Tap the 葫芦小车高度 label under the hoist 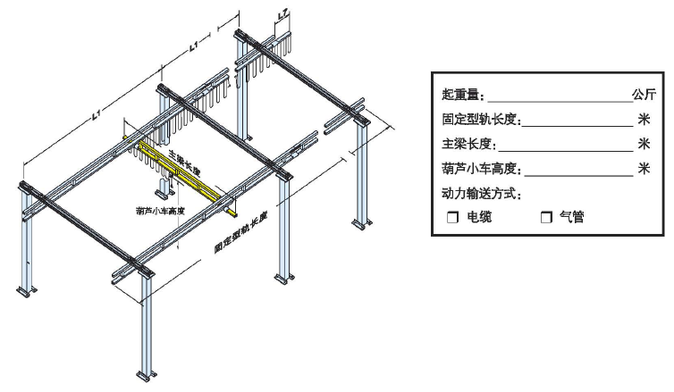point(160,212)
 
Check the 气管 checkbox point(546,217)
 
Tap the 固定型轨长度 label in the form point(481,119)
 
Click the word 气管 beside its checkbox point(572,217)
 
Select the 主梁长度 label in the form point(468,144)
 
